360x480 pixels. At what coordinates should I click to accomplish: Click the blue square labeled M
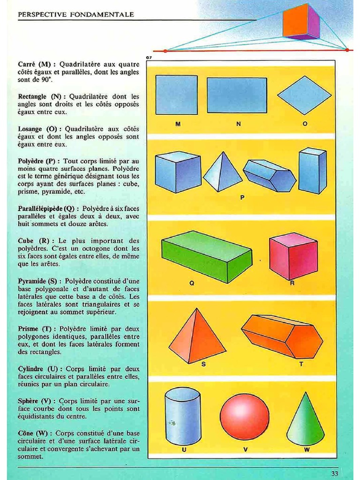click(x=176, y=95)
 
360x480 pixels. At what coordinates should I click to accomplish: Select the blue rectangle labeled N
click(x=237, y=95)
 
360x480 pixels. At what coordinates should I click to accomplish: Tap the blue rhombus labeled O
click(x=304, y=95)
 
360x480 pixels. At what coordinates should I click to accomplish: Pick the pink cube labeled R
click(x=293, y=255)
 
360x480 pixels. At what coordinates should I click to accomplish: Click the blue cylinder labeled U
click(x=183, y=416)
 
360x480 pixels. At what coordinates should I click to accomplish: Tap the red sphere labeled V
click(x=245, y=417)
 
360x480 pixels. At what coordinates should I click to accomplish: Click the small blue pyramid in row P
click(x=222, y=172)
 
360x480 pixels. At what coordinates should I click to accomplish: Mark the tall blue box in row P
click(x=312, y=171)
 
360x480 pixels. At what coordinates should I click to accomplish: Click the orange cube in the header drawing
click(x=300, y=22)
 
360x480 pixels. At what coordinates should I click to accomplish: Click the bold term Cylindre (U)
click(x=40, y=369)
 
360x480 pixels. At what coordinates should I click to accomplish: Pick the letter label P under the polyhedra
click(x=242, y=197)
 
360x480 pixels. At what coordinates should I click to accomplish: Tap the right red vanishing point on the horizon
click(x=346, y=49)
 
